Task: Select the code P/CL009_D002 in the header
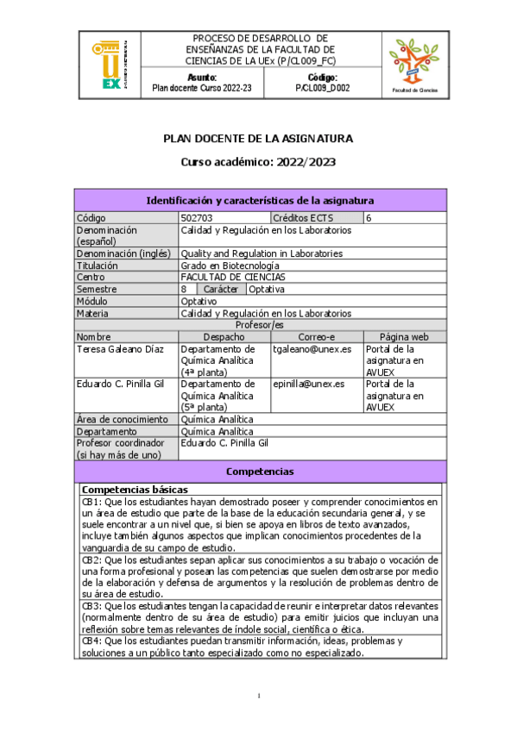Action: tap(322, 88)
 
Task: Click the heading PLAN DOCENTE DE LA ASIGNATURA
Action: tap(258, 139)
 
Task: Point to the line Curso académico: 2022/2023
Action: tap(258, 161)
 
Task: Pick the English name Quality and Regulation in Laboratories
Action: tap(262, 253)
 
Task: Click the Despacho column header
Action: tap(224, 337)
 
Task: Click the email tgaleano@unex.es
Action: tap(312, 349)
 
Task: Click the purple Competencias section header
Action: tap(260, 472)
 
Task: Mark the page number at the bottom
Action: tap(259, 696)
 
